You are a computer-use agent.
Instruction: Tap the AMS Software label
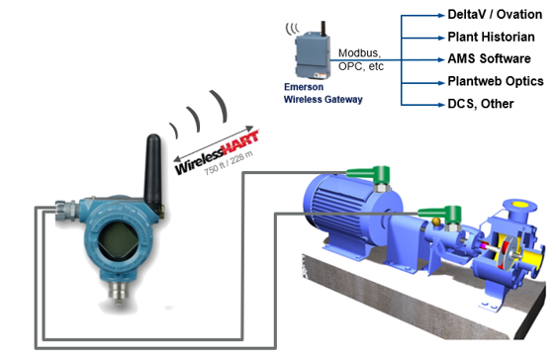click(489, 58)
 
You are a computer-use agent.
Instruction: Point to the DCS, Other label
click(482, 103)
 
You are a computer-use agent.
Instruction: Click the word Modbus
click(361, 52)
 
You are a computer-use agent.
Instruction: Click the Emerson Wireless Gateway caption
click(319, 93)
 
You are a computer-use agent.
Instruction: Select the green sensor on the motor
click(381, 172)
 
